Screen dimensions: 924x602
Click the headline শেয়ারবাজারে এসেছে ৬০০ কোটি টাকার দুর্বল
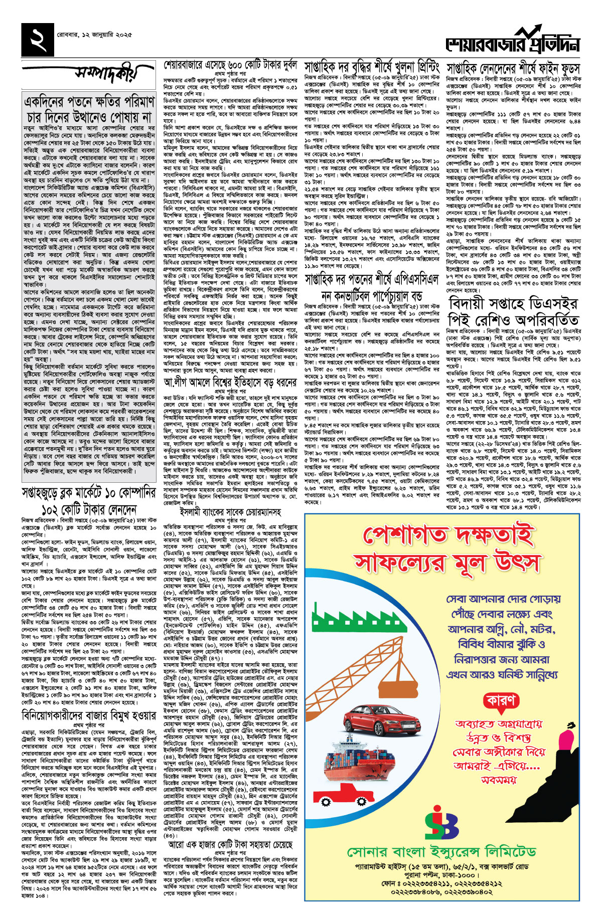(230, 66)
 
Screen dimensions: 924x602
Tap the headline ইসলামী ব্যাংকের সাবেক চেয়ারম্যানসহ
(230, 512)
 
